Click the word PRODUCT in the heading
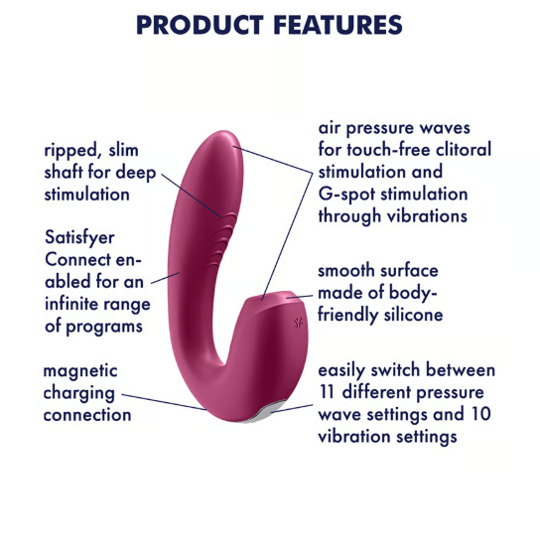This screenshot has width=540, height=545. point(200,25)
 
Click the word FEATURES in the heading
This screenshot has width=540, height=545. point(337,25)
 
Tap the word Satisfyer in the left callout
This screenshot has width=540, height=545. point(79,238)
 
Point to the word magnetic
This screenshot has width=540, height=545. point(80,371)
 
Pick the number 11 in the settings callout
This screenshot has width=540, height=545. point(327,392)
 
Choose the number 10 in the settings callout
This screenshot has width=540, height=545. point(480,414)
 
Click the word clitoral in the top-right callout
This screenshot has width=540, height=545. point(464,150)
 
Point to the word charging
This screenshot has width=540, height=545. point(78,394)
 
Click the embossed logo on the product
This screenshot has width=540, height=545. point(298,324)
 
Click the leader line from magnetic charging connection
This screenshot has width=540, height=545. point(164,402)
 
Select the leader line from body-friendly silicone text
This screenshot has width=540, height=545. point(300,297)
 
